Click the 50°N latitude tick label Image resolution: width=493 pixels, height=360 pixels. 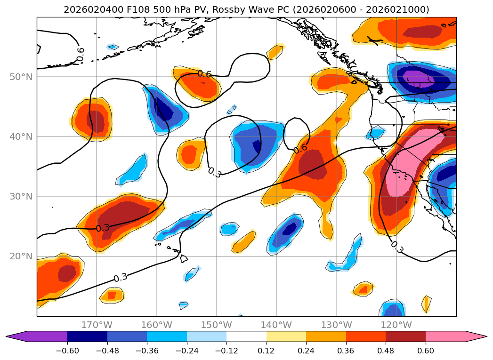click(x=21, y=77)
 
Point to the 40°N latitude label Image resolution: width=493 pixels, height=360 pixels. click(x=21, y=136)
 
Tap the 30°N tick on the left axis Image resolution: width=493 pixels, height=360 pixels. click(x=21, y=196)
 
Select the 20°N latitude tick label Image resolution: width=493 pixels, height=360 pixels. click(x=21, y=256)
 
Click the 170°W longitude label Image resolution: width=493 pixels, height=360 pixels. click(x=96, y=325)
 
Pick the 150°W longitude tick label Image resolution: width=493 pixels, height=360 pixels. click(x=216, y=325)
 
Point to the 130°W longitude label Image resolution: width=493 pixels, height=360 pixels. click(x=336, y=325)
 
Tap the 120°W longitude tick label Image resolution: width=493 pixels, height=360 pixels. click(x=396, y=325)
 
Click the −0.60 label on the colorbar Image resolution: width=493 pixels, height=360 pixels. click(x=67, y=351)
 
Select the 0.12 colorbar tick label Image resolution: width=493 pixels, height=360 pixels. click(x=267, y=351)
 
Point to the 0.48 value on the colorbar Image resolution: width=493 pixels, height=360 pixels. click(x=386, y=351)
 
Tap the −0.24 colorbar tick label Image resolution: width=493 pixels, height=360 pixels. click(x=187, y=351)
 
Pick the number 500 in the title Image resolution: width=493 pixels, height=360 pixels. click(x=149, y=10)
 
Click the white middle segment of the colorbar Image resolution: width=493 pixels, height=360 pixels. click(x=246, y=336)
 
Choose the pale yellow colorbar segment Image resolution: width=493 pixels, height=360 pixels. click(x=286, y=336)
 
